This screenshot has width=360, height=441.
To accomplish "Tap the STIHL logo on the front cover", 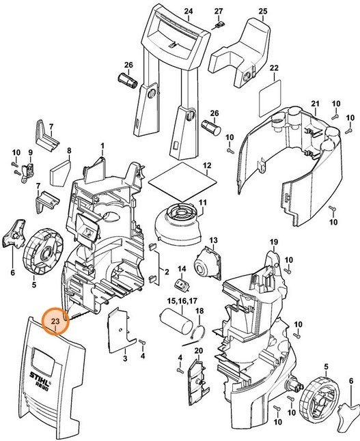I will coord(43,374).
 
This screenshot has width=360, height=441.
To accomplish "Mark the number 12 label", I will coord(206,165).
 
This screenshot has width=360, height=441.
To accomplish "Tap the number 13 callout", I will coord(213,240).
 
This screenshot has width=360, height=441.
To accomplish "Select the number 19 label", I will coord(273,242).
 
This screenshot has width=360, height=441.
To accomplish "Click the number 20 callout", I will coord(199,351).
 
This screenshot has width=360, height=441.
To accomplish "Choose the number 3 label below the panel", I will coord(125,358).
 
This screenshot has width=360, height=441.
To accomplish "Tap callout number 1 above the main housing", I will coord(102,146).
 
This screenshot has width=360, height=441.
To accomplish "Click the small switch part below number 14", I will coord(181,285).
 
